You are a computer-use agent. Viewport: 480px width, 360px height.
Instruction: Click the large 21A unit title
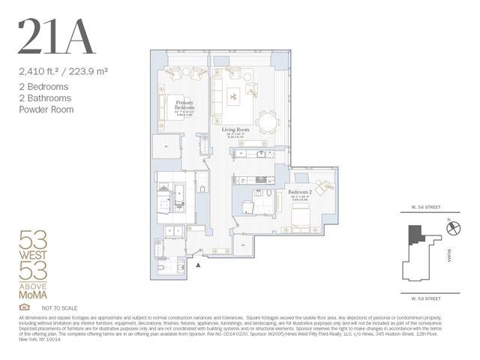point(56,37)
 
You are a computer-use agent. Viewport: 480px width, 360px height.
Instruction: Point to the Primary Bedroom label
point(184,105)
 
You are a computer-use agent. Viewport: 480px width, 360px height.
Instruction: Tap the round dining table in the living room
point(267,122)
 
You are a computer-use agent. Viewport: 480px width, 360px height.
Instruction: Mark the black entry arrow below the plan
point(198,264)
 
